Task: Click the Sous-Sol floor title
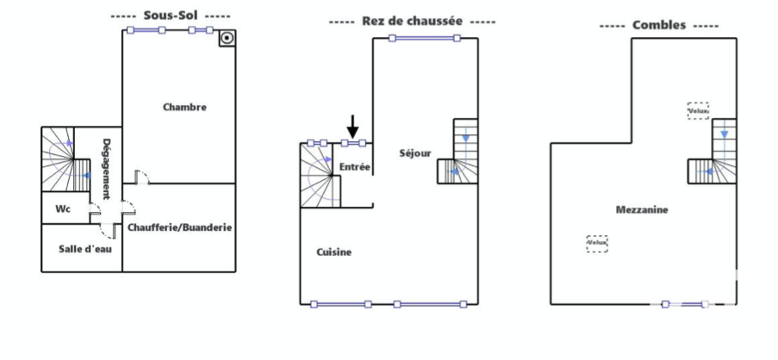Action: click(171, 16)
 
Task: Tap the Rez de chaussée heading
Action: click(412, 21)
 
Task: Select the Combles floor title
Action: click(658, 25)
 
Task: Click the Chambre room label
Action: click(184, 108)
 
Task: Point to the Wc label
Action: click(62, 208)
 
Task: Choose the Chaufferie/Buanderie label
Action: click(180, 227)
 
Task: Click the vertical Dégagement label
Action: click(107, 168)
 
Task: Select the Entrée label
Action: click(354, 166)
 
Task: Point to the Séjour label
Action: click(414, 154)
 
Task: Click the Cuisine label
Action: click(333, 252)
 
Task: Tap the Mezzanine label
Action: click(642, 209)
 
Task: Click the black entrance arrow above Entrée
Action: click(352, 127)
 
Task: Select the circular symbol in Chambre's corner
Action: click(227, 39)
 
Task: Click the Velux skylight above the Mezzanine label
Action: click(698, 110)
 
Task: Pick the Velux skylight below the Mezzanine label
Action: click(597, 244)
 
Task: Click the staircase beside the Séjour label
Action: click(458, 152)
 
